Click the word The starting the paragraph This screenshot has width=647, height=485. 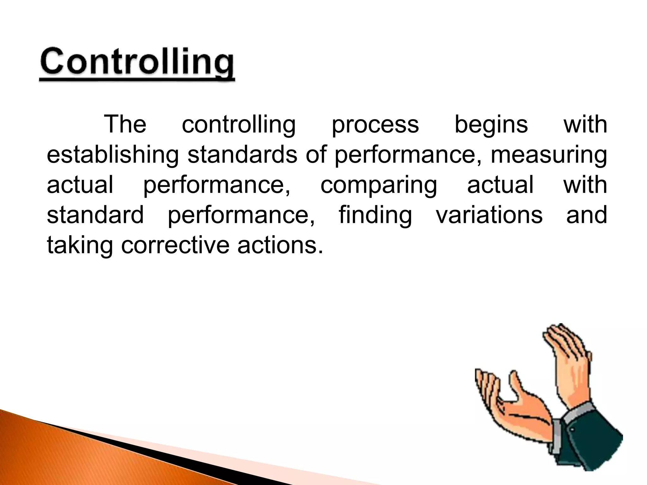tap(125, 124)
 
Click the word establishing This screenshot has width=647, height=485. tap(113, 155)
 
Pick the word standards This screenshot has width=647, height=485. tap(242, 154)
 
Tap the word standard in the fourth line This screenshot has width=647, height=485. tap(95, 215)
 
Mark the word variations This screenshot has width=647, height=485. tap(489, 215)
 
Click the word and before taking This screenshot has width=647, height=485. tap(586, 215)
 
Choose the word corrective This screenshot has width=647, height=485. tap(175, 245)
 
